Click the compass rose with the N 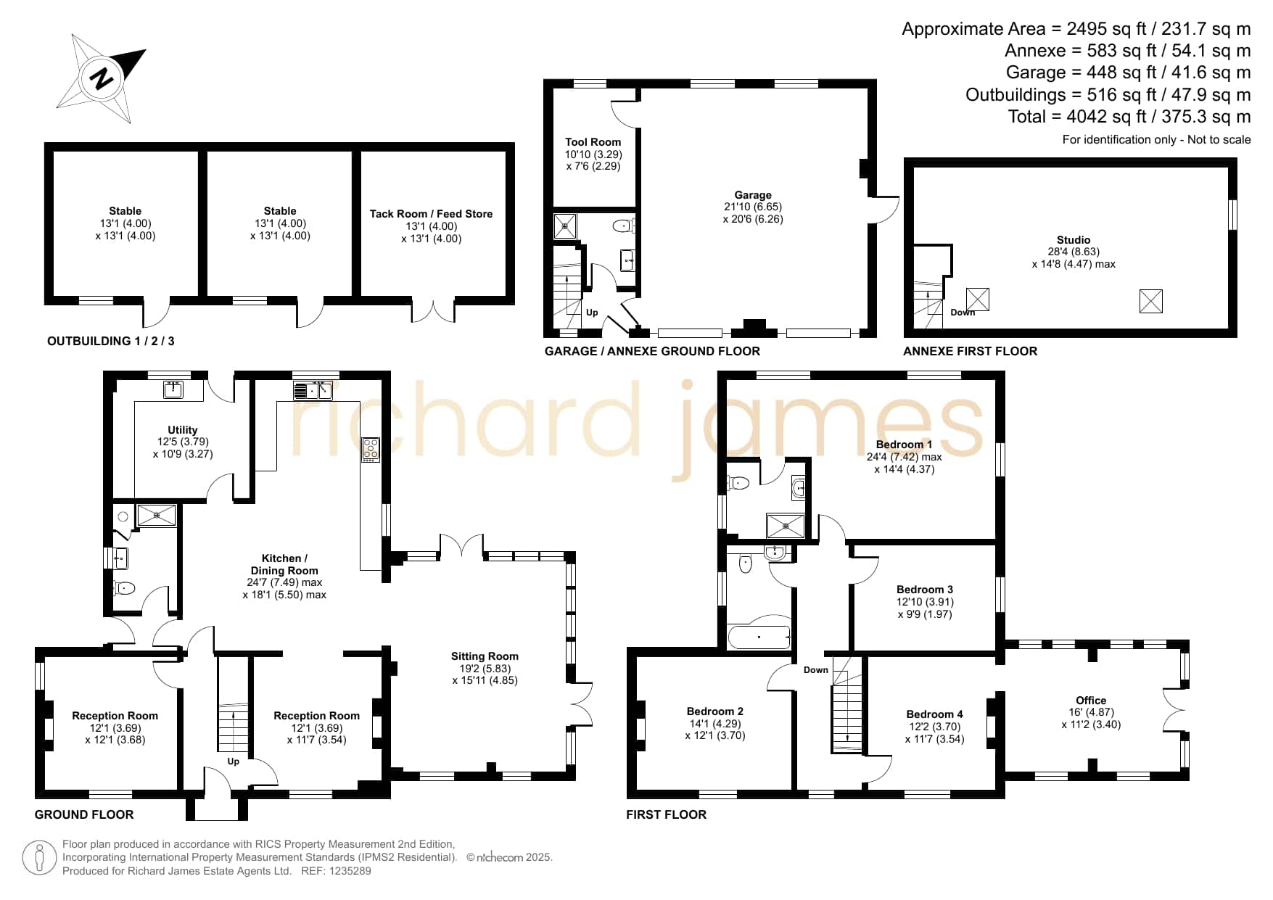coord(102,78)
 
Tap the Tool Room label coord(593,142)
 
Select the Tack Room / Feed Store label coord(431,214)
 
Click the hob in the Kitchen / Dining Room coord(371,450)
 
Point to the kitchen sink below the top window coord(313,390)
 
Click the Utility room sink coord(173,389)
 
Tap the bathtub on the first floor coord(759,637)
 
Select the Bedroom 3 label coord(925,590)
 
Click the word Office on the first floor coord(1091,701)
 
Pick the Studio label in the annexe coord(1074,240)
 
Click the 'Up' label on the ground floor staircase coord(233,761)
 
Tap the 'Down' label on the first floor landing coord(816,670)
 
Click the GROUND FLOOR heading coord(84,814)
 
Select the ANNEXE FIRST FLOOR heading coord(970,351)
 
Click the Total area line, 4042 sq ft coord(1129,117)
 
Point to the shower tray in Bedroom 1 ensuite coord(786,526)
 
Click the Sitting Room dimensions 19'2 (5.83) coord(485,669)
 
